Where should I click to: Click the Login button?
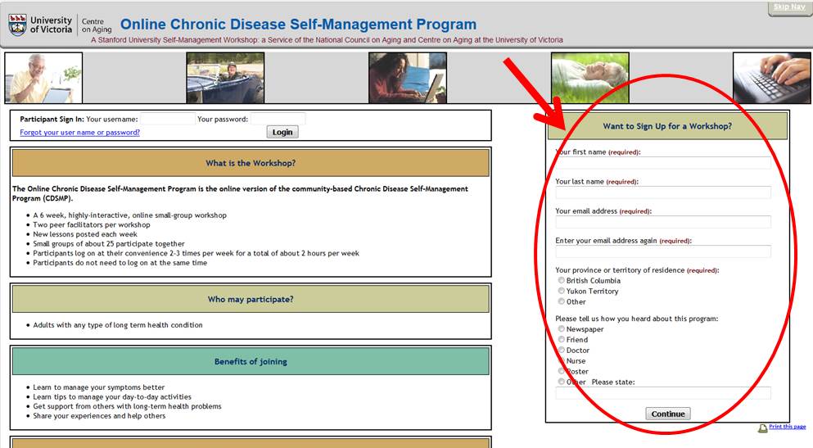tap(282, 132)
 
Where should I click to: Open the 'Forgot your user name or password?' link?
tap(80, 132)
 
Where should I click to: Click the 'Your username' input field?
tap(168, 119)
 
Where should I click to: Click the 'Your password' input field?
tap(278, 119)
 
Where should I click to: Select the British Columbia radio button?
tap(561, 281)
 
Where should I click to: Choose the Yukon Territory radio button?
tap(561, 291)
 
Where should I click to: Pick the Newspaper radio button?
tap(561, 328)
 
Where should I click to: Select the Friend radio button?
tap(561, 339)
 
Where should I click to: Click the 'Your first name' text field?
tap(663, 163)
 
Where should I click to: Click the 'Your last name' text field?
tap(663, 192)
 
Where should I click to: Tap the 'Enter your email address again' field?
tap(663, 251)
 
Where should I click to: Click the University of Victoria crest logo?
tap(17, 25)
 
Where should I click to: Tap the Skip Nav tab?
tap(789, 7)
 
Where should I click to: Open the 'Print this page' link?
tap(787, 427)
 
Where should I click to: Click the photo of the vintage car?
tap(225, 78)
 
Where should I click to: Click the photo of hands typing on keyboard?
tap(771, 78)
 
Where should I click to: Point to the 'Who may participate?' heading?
tap(251, 299)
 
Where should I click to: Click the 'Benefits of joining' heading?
tap(251, 361)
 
